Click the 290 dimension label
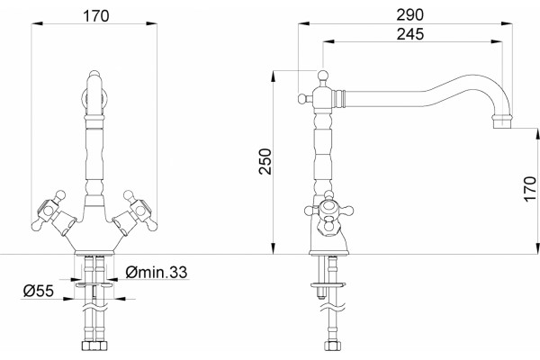409,15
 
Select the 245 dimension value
410,34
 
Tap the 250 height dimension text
265,162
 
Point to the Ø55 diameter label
39,291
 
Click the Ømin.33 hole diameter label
157,273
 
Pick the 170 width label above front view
96,16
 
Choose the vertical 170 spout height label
530,189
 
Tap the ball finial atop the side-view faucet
323,75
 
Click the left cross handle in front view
52,212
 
